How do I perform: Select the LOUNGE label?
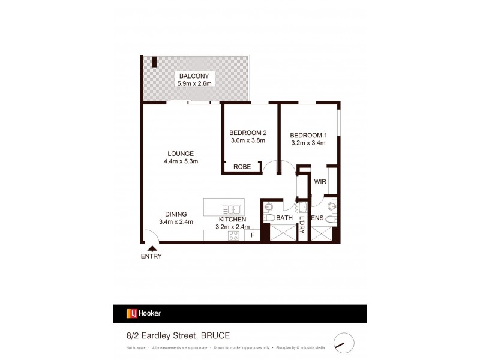(x=180, y=153)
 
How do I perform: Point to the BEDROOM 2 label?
(x=248, y=133)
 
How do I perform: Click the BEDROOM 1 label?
(x=307, y=134)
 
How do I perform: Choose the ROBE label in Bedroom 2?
(x=242, y=167)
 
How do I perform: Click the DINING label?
(x=176, y=214)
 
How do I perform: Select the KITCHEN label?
(x=232, y=220)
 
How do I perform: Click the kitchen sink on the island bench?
(x=231, y=209)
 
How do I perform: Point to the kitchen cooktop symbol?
(x=233, y=236)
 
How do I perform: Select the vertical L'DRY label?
(x=302, y=224)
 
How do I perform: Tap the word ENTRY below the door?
(x=151, y=256)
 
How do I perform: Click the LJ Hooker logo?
(x=143, y=313)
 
